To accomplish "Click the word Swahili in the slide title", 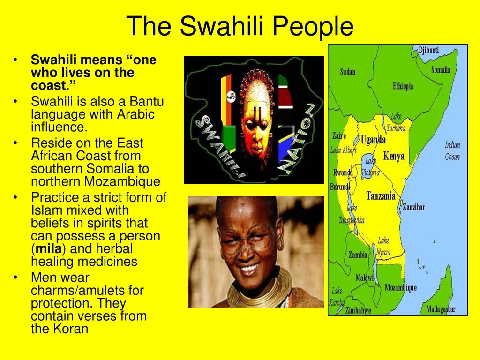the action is click(221, 26).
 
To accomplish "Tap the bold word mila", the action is click(49, 248).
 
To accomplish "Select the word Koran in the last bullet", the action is click(71, 329).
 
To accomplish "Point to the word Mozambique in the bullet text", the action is click(122, 181).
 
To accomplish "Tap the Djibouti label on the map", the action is click(429, 50).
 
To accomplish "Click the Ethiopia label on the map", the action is click(403, 86).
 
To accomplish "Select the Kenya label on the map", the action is click(394, 156).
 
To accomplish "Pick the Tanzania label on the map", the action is click(381, 195).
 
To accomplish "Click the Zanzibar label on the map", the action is click(413, 207).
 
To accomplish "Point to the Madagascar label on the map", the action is click(441, 309).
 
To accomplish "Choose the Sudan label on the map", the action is click(348, 72).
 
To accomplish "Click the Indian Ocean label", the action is click(452, 151).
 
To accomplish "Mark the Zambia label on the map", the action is click(358, 255).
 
